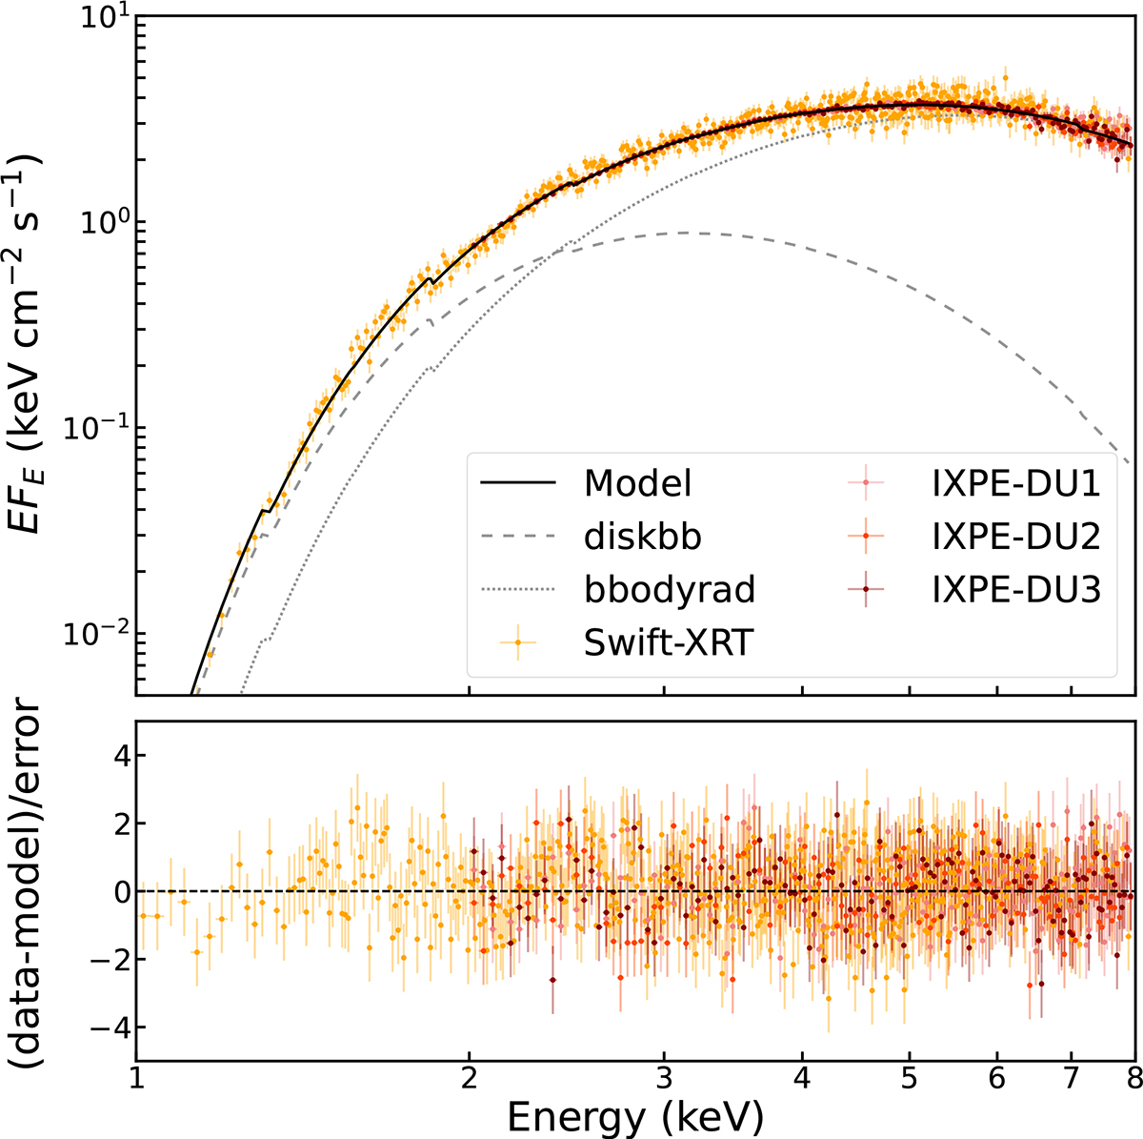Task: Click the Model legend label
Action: pos(637,484)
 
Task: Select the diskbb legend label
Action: pos(643,537)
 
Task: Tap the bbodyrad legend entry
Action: pos(670,590)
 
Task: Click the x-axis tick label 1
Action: pos(137,1080)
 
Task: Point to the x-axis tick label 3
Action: pos(664,1080)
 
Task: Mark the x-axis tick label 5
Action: pos(910,1080)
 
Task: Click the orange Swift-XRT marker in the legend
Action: pos(517,643)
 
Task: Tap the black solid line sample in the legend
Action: pos(517,484)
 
